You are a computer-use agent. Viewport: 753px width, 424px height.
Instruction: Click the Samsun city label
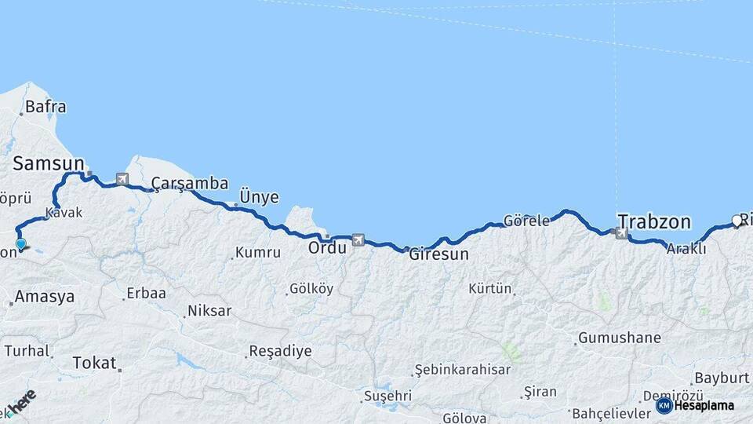click(x=48, y=163)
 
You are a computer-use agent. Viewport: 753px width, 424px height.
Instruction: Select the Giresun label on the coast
click(x=438, y=254)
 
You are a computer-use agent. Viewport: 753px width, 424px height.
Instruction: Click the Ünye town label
click(x=259, y=197)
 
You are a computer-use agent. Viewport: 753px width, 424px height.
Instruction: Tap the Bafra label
click(x=45, y=107)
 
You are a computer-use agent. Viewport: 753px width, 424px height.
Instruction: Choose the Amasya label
click(x=45, y=297)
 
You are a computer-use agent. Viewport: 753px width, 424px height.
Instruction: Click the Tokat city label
click(x=93, y=363)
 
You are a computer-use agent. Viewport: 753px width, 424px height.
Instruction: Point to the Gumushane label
click(x=619, y=338)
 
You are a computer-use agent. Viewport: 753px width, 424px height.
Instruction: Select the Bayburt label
click(x=722, y=378)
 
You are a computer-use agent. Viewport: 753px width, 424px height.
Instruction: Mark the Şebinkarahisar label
click(x=462, y=369)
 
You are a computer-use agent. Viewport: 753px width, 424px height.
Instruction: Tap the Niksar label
click(x=209, y=311)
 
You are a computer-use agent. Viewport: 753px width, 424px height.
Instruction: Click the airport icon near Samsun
click(x=122, y=179)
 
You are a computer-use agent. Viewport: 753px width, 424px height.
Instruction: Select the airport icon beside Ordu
click(x=358, y=239)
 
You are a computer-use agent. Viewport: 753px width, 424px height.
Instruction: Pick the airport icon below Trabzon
click(x=621, y=233)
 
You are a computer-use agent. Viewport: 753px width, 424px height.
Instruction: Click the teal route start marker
click(x=20, y=244)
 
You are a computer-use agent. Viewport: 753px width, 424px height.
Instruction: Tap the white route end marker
click(x=737, y=220)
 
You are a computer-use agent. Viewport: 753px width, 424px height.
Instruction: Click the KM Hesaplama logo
click(x=695, y=406)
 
